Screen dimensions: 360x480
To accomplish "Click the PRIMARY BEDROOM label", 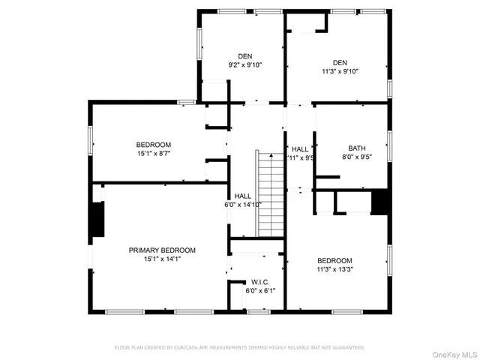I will tap(162, 250).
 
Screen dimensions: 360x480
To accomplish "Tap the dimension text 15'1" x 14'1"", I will tap(162, 259).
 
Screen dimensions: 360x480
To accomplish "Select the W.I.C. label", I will tap(261, 282).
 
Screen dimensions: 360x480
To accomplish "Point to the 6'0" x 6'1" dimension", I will tap(261, 291).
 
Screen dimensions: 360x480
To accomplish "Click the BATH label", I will tap(356, 148).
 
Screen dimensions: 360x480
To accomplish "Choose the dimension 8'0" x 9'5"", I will tap(356, 157).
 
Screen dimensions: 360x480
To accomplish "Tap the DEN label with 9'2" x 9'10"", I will tap(245, 56).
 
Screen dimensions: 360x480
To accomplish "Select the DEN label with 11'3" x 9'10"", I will tap(340, 62).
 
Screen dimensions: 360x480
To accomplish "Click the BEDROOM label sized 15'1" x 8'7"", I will tap(153, 145).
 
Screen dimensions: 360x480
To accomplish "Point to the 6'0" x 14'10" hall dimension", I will tap(242, 205).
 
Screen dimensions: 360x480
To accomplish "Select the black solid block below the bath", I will tap(381, 202).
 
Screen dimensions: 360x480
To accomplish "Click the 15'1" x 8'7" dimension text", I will tap(153, 154).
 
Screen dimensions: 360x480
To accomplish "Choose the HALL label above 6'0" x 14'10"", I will tap(242, 196).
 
